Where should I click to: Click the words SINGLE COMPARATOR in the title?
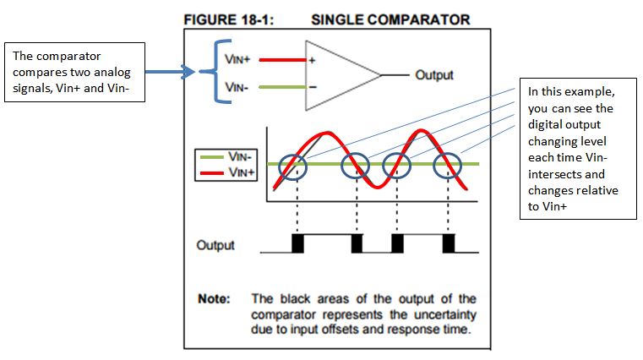390,19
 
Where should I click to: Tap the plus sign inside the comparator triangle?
313,61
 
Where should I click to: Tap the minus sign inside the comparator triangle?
313,86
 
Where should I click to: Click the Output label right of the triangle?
433,75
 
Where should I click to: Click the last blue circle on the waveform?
447,164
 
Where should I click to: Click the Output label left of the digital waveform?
215,246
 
